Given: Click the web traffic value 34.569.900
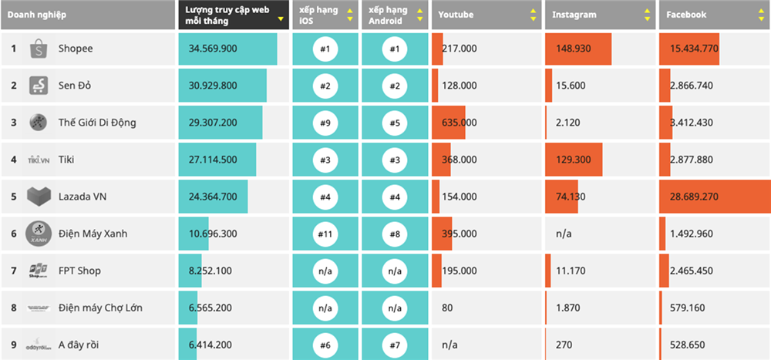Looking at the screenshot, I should tap(213, 49).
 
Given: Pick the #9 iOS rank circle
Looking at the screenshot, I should tap(325, 123).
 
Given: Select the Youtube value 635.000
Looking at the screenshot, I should tap(460, 123).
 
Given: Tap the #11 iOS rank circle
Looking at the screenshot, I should tap(325, 234).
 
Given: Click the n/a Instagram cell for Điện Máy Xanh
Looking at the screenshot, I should tap(564, 234).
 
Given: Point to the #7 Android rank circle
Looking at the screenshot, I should tap(395, 345).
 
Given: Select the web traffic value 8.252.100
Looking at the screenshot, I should tap(210, 271).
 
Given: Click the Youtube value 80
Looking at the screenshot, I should tap(448, 308).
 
